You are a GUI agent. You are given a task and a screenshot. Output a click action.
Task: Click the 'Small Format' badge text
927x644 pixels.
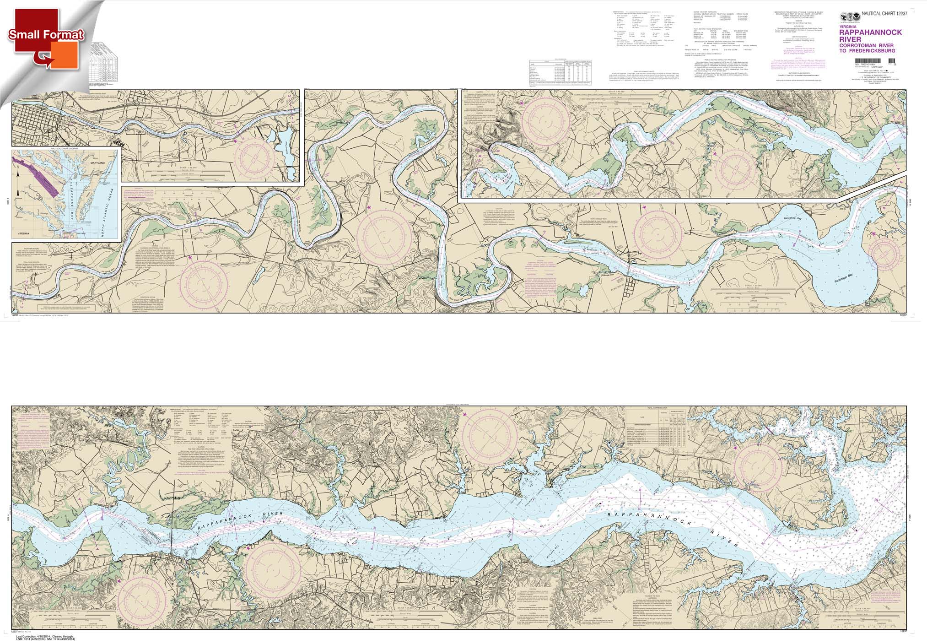click(46, 34)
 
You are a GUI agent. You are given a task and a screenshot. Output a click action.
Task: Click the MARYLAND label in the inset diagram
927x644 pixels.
click(97, 162)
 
